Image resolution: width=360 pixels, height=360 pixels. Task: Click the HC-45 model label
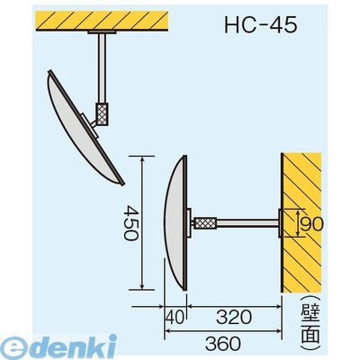[261, 24]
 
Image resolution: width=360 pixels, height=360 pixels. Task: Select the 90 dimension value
[312, 224]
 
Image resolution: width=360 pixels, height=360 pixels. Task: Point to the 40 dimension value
[175, 317]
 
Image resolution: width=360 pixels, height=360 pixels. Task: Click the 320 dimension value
[233, 317]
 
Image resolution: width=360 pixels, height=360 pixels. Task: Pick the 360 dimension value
[223, 343]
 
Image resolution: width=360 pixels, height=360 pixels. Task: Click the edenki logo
[58, 347]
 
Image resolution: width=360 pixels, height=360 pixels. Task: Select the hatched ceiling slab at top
[102, 21]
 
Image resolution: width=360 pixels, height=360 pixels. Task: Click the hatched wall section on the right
[301, 222]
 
